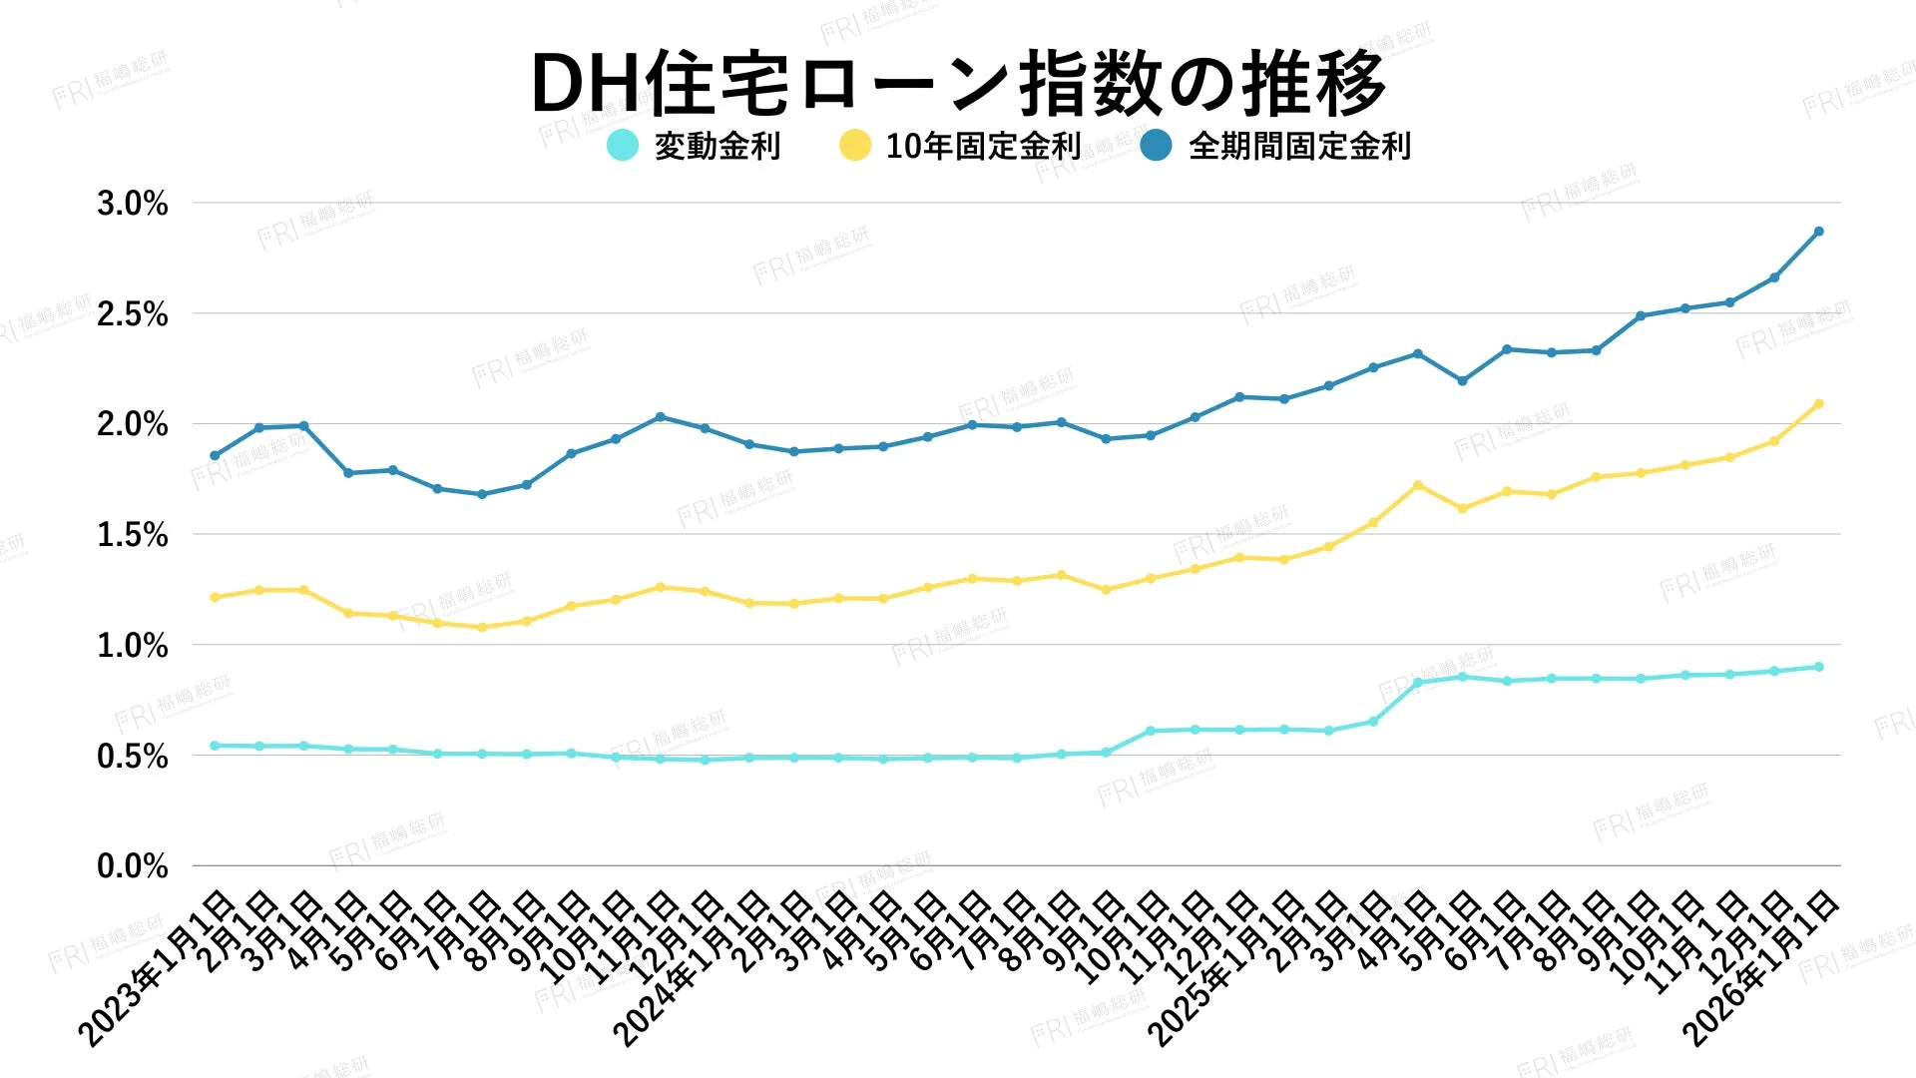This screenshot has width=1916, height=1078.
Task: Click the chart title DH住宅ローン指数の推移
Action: click(x=958, y=83)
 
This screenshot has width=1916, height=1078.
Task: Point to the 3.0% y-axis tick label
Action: click(x=133, y=204)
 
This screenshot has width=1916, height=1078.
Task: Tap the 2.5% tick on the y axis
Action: click(x=133, y=314)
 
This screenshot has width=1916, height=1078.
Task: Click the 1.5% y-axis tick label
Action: click(x=133, y=535)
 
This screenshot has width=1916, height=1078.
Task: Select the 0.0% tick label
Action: click(x=133, y=866)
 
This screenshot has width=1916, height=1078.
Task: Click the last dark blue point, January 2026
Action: click(x=1818, y=232)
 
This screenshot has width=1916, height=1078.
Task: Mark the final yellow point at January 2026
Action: click(x=1818, y=404)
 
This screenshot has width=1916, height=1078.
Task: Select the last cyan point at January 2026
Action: click(x=1818, y=667)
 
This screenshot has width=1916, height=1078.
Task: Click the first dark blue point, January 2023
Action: click(x=215, y=455)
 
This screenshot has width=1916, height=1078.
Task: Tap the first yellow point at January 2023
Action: click(x=215, y=597)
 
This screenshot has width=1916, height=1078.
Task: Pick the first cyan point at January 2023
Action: click(x=215, y=746)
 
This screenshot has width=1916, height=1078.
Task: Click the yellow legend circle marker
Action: click(x=855, y=146)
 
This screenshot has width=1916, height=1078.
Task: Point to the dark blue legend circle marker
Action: click(x=1157, y=146)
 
